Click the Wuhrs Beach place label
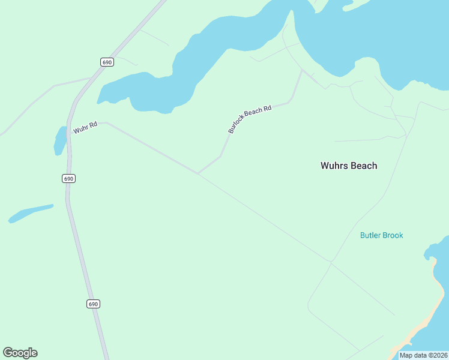349,166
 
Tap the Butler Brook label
381,235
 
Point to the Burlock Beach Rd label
250,119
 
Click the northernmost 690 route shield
107,62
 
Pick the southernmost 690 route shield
92,304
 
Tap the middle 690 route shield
68,179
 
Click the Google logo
20,353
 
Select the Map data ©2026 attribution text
423,355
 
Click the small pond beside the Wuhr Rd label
60,141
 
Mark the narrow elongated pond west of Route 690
30,213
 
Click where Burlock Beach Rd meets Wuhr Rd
197,174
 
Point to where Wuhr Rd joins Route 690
70,134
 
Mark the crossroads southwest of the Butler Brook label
331,262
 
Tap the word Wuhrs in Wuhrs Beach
334,166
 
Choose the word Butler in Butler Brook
370,235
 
